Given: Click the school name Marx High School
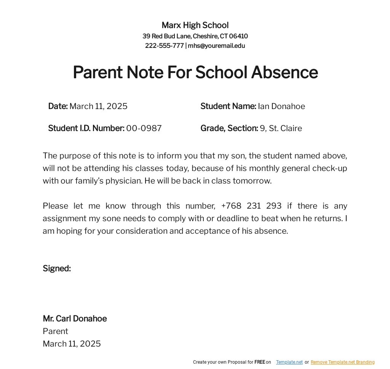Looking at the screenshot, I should pos(195,25).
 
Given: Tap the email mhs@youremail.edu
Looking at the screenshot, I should pos(216,46).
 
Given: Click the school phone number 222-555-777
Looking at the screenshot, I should pos(164,46).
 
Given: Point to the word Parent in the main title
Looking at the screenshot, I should pos(97,72).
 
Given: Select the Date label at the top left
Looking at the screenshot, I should pos(58,106).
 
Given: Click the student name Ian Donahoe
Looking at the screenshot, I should pos(281,106).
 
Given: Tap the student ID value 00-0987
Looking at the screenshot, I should pos(144,128).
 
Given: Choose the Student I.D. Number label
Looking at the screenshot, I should pos(86,128).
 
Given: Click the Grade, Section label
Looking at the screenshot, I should pos(229,128).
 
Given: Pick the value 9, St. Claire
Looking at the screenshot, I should pos(281,128).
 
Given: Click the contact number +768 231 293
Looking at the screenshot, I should pos(251,206).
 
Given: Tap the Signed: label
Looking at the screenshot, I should pos(57,268).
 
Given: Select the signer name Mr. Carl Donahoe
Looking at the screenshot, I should pos(75,318).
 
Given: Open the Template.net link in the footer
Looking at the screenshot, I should pos(289,362).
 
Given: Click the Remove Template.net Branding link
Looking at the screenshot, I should pos(342,362).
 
